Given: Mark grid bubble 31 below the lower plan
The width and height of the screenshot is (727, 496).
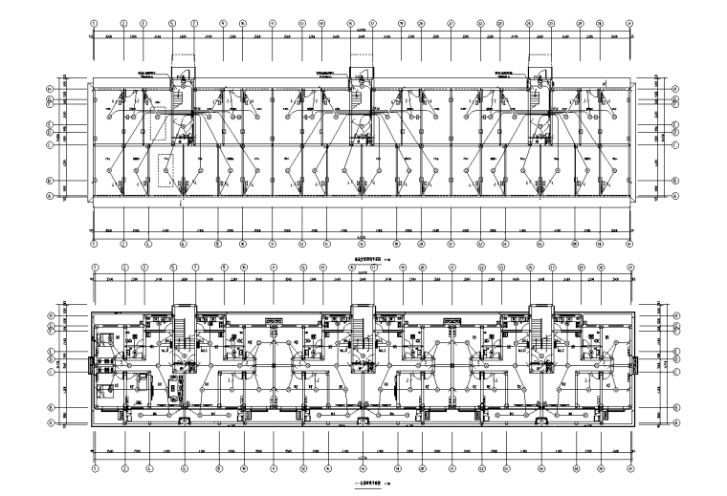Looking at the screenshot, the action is point(630,469).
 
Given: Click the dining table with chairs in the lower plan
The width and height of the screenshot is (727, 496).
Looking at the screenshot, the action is point(139,381).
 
